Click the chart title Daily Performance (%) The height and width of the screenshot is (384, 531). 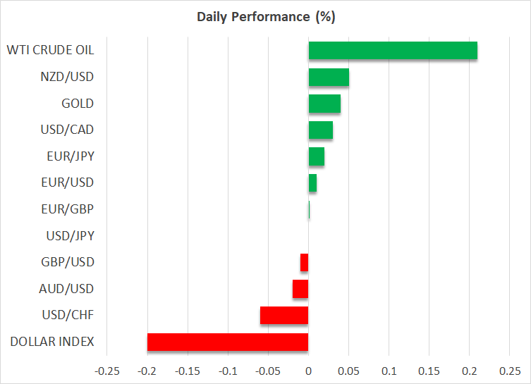coord(265,16)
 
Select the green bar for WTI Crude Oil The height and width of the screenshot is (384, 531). coord(393,51)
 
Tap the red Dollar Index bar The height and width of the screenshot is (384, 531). coord(228,342)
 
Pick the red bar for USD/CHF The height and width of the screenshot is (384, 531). coord(284,315)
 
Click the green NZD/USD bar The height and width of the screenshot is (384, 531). coord(329,77)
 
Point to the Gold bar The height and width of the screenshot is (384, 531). coord(324,104)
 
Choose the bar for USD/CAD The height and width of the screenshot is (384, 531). coord(321,130)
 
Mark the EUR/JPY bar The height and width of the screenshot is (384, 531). coord(317,156)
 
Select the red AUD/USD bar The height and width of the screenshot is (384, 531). coord(300,289)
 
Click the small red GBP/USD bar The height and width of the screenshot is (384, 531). coord(305,262)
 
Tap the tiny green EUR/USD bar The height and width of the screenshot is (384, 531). coord(312,183)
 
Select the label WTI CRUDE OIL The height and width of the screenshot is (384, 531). coord(50,51)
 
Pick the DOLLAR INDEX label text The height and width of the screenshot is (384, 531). coord(52,342)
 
